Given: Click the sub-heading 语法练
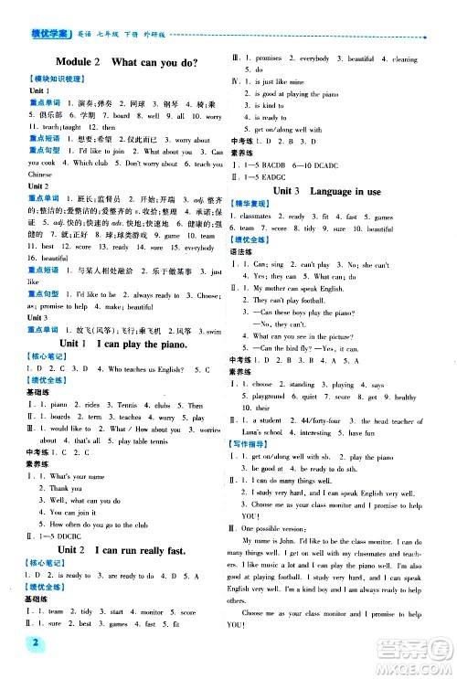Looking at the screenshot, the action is coord(244,250).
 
